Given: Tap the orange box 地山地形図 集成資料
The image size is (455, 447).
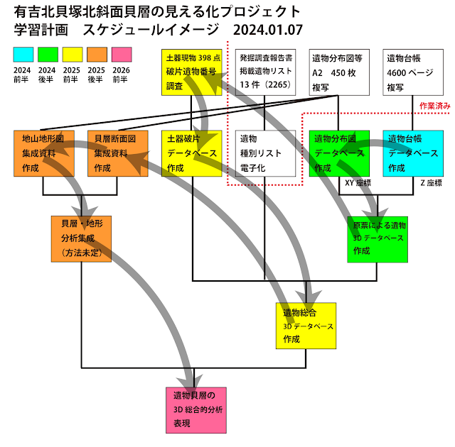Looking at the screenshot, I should (43, 153).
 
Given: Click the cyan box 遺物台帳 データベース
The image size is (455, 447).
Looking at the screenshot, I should (412, 153).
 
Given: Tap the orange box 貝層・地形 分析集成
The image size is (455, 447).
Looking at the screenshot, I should (82, 238).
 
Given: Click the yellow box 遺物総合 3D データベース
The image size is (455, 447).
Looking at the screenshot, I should (306, 326).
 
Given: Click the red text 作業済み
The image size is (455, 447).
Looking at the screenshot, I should (434, 105).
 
